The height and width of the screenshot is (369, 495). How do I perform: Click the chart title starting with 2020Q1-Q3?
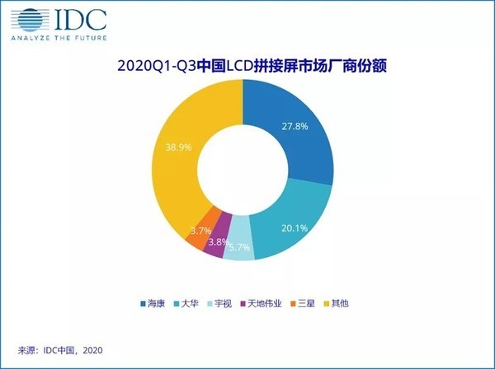247,63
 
